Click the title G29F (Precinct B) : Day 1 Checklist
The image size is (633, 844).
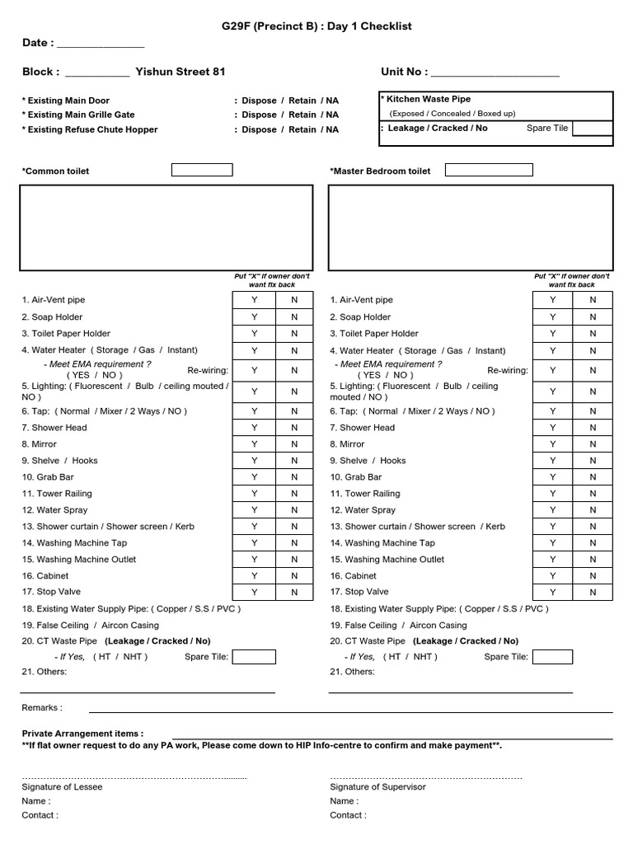tap(316, 26)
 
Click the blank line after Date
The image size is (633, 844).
tap(100, 45)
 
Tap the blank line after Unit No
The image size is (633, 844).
tap(495, 73)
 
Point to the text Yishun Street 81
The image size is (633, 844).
tap(180, 73)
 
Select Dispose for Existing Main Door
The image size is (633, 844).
tap(259, 101)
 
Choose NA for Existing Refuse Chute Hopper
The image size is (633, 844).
tap(331, 129)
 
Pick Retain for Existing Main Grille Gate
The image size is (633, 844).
tap(302, 115)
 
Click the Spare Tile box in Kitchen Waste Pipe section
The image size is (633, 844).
tap(593, 129)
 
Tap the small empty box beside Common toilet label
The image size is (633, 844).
tap(202, 171)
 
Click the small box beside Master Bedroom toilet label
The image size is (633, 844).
tap(489, 171)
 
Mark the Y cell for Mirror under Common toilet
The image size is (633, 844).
tap(254, 444)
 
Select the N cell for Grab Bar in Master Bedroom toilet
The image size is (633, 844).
tap(592, 477)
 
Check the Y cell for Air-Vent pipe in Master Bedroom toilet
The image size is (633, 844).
tap(552, 300)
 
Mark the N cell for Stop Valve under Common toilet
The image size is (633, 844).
tap(294, 592)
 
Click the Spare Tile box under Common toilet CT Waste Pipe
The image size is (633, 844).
tap(254, 657)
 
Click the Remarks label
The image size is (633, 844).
tap(41, 708)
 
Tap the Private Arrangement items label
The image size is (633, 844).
tap(82, 734)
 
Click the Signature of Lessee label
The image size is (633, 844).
tap(62, 787)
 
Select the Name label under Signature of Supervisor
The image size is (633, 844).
tap(344, 801)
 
